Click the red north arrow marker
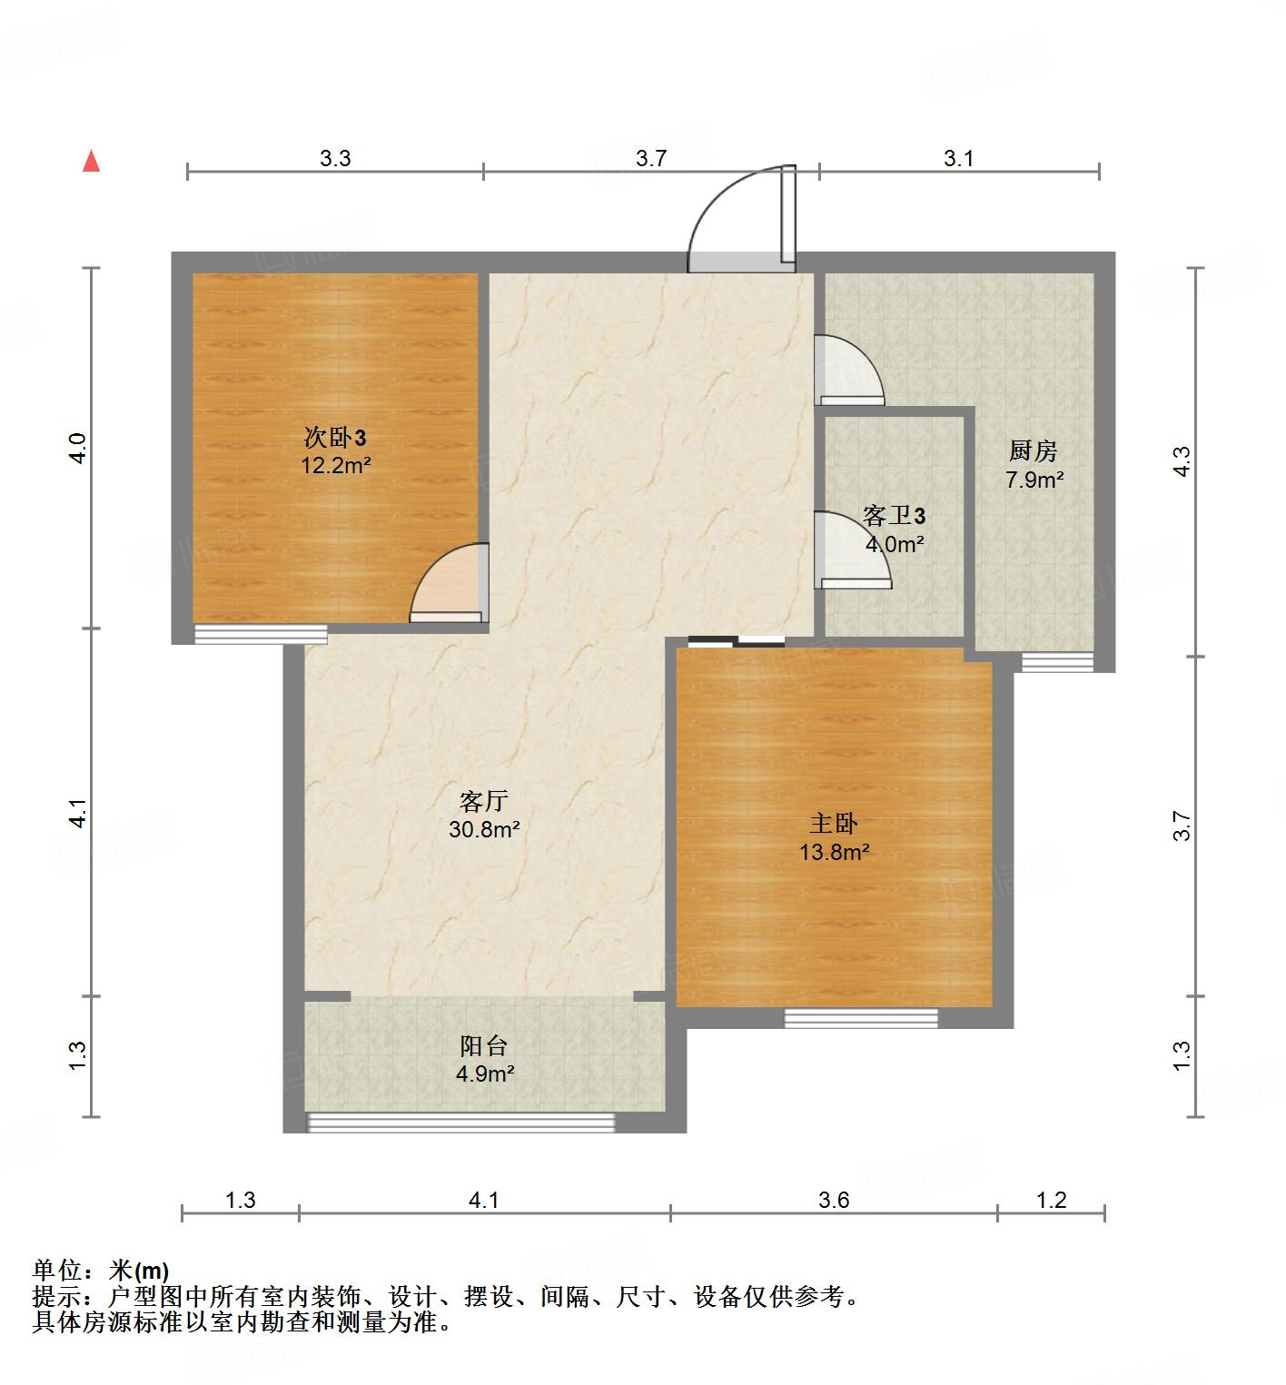tap(91, 162)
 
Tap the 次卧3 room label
tap(334, 439)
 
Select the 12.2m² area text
tap(336, 466)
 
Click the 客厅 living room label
tap(483, 801)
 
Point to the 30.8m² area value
tap(484, 829)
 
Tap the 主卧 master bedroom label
tap(834, 824)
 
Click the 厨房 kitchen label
tap(1034, 451)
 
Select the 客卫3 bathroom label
tap(894, 517)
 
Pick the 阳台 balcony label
tap(483, 1046)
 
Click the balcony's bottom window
tap(461, 1123)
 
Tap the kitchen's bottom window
tap(1056, 663)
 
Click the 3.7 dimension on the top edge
tap(651, 159)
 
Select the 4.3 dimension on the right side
tap(1181, 461)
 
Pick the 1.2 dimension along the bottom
tap(1051, 1201)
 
